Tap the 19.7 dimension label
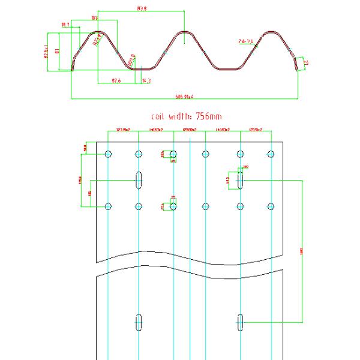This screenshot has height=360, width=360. pos(65,25)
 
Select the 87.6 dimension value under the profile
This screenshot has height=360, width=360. pos(116,80)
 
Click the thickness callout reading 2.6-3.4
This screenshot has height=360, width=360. pos(246,41)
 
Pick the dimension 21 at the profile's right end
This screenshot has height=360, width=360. pos(305,62)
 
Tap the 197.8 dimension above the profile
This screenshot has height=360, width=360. pos(142,8)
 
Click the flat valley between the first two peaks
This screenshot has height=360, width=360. pos(141,68)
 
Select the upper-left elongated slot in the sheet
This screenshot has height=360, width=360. pos(139,180)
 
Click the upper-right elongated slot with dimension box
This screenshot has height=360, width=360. pos(240,180)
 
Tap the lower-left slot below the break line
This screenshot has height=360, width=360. pos(139,322)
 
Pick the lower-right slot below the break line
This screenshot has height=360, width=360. pos(240,322)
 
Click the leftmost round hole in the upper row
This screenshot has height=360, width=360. pos(108,154)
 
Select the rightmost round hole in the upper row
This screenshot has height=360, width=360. pos(271,154)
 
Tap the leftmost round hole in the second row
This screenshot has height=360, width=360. pos(108,206)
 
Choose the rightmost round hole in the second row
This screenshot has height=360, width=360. pos(271,206)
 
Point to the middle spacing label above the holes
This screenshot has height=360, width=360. pos(189,130)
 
